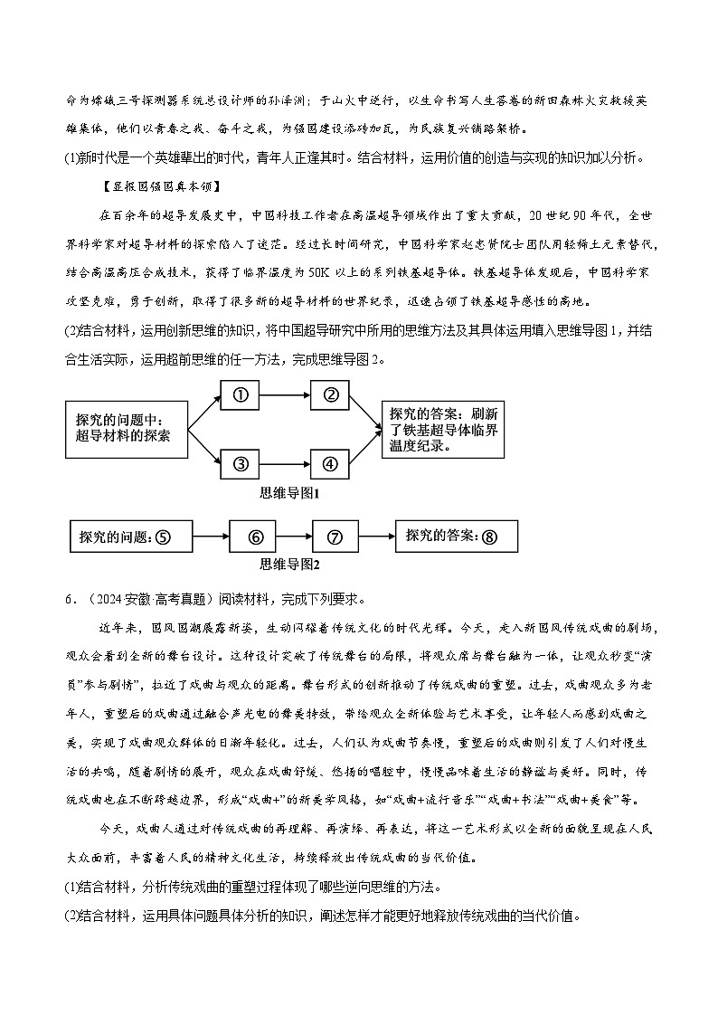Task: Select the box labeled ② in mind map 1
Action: click(330, 394)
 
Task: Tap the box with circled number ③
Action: click(241, 464)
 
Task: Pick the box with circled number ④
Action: click(330, 464)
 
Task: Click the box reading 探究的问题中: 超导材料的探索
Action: click(126, 429)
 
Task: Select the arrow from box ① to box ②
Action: click(285, 395)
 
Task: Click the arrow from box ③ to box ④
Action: click(285, 464)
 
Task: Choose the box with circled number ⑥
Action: click(256, 536)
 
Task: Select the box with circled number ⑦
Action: click(335, 536)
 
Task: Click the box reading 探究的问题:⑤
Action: click(130, 536)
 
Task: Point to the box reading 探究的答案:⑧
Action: click(457, 536)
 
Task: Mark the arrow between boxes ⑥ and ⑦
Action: click(296, 536)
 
